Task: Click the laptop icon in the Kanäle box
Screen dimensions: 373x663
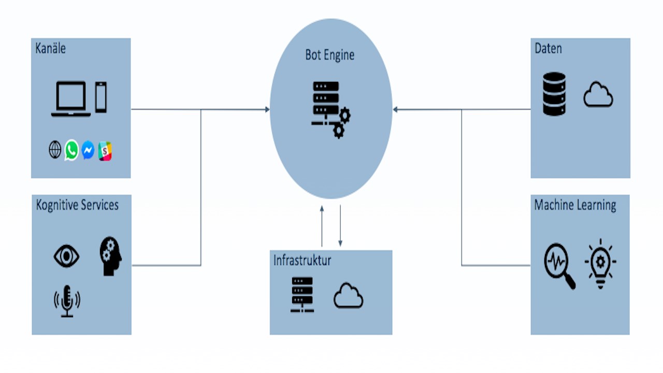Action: [x=71, y=99]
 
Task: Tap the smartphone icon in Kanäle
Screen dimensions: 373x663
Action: [x=100, y=97]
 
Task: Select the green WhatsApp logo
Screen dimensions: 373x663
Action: [x=71, y=150]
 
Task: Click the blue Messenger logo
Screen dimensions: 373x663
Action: [x=88, y=150]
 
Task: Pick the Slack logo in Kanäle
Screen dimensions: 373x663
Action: [x=105, y=151]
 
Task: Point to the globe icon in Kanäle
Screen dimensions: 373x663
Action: [x=55, y=150]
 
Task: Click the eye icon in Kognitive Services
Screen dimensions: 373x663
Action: [x=66, y=256]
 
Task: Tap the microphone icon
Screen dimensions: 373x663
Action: [x=67, y=301]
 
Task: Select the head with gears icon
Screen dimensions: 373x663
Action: [x=110, y=256]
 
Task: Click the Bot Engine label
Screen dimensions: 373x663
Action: [x=330, y=55]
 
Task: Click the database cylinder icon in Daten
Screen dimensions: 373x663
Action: [x=554, y=94]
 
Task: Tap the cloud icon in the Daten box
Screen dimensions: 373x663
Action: [x=598, y=96]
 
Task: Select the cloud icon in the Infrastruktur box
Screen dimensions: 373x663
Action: [x=348, y=296]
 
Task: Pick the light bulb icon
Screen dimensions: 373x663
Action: [x=600, y=263]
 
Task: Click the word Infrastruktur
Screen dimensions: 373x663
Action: [x=302, y=260]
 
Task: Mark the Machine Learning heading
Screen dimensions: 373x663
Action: [x=575, y=205]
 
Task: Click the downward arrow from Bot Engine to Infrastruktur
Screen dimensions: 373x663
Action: [x=340, y=225]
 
